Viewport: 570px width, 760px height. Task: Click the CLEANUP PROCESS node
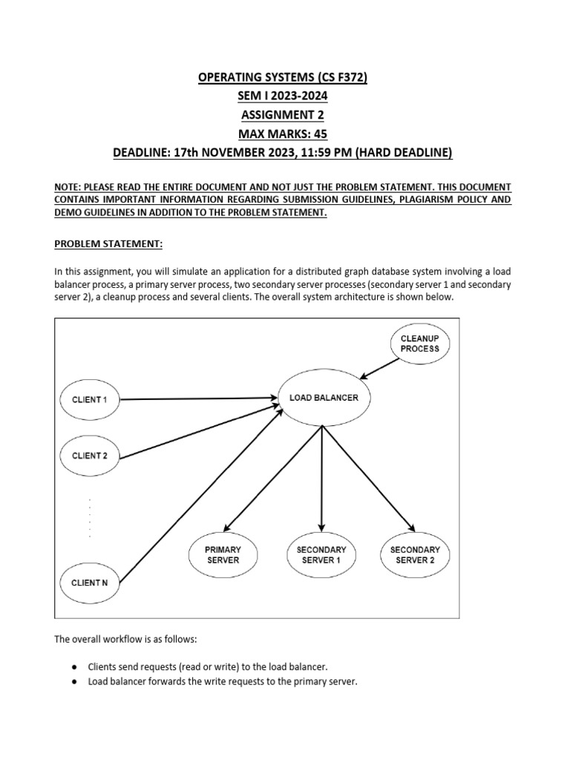(x=419, y=344)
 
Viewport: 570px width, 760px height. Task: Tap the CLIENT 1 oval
(x=90, y=399)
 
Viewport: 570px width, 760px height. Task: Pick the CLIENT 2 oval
(x=90, y=456)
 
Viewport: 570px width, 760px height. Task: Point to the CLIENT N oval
(x=90, y=583)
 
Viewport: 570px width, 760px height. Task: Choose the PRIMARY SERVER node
(x=223, y=554)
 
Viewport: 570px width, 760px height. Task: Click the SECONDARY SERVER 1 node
(x=321, y=554)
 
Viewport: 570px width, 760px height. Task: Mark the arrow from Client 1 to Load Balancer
(x=197, y=399)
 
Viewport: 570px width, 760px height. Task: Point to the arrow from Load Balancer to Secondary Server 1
(x=321, y=475)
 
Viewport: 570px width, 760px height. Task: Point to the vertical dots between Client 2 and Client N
(x=90, y=518)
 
